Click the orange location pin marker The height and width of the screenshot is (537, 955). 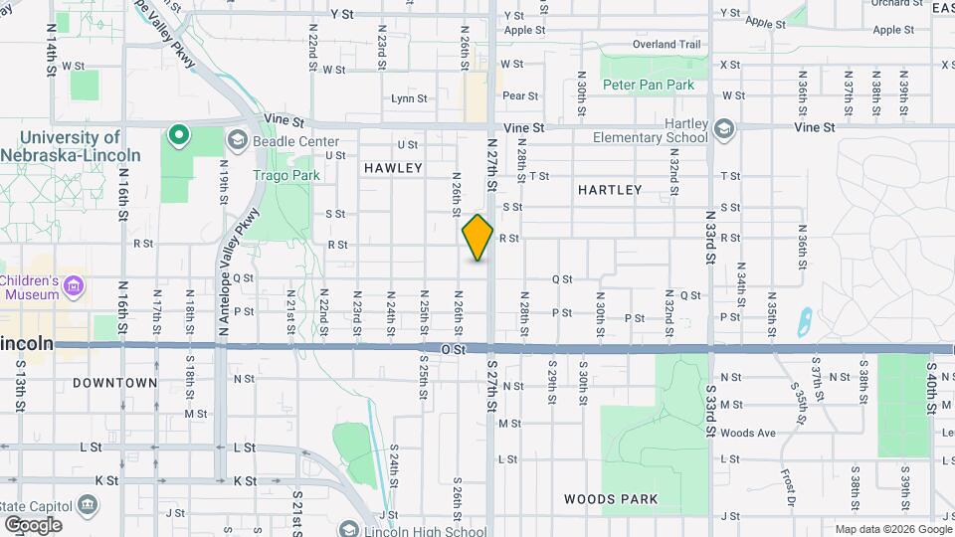coord(477,238)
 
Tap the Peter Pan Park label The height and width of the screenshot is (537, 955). coord(648,86)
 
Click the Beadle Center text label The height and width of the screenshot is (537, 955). coord(296,141)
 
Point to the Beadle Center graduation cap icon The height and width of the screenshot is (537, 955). coord(237,140)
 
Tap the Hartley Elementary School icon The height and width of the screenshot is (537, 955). coord(724,129)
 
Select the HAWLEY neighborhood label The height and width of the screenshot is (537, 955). coord(393,168)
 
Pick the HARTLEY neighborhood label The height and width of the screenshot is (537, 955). coord(610,189)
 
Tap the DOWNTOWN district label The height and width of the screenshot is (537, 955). coord(115,383)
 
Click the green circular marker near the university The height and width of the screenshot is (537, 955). coord(178,134)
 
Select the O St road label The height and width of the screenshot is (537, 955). coord(454,350)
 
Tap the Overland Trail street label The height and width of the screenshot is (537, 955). coord(667,45)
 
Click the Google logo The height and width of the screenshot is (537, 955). coord(33,524)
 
